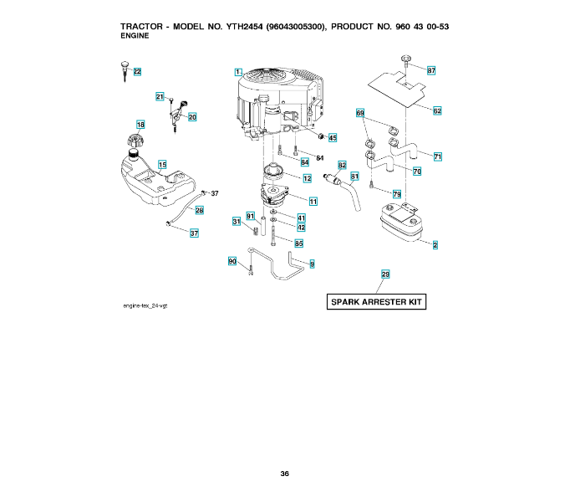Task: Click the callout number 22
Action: point(137,72)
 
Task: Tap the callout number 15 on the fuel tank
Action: point(162,165)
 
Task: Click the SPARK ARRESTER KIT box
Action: point(376,302)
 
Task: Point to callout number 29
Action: point(385,274)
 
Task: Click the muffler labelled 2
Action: point(401,223)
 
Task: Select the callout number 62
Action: point(437,110)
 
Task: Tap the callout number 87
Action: point(431,70)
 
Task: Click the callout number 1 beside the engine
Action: point(238,72)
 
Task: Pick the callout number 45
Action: point(333,138)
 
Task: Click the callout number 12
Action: point(308,178)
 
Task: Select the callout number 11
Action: point(313,202)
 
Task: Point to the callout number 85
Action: point(299,243)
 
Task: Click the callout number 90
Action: point(232,261)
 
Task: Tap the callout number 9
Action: point(312,264)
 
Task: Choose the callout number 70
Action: point(417,172)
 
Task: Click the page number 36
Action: point(284,474)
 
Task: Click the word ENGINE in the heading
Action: point(135,36)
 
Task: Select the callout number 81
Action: point(354,177)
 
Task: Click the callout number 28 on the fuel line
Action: point(199,210)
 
